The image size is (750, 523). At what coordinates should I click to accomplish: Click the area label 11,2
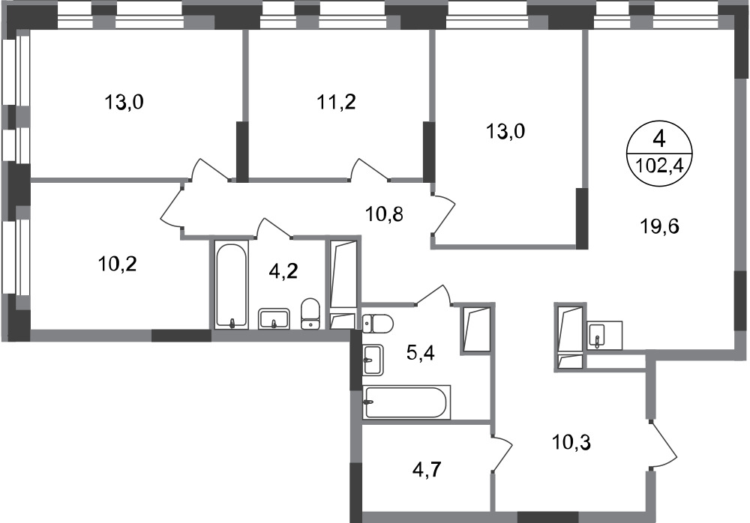335,102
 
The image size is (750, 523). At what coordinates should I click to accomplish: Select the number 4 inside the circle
659,139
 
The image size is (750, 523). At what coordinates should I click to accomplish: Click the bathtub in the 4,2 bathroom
231,285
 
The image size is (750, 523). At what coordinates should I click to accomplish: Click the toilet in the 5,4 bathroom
378,323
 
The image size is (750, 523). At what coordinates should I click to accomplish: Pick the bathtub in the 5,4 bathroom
406,402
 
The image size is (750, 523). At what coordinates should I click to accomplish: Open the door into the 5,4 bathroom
433,295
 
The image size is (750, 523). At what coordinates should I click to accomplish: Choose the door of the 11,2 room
370,170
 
